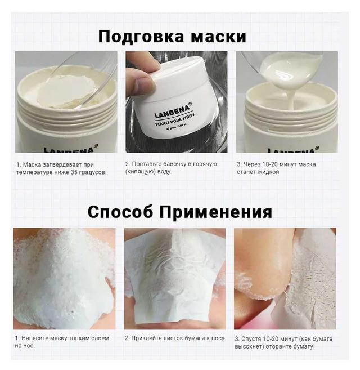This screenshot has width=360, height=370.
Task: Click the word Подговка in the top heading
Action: [141, 36]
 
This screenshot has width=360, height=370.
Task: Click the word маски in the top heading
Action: [219, 37]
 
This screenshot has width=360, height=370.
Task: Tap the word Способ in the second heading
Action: [120, 212]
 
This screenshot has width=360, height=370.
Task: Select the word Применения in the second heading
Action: [215, 212]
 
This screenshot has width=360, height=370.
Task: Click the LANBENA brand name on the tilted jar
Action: [172, 111]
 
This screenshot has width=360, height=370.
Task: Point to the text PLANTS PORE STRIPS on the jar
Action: [175, 121]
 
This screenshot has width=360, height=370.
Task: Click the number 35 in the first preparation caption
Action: [74, 172]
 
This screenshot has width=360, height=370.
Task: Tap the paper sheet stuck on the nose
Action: [175, 278]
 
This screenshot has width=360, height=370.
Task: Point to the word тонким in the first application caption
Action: [71, 338]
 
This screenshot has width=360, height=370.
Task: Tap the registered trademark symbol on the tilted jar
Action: [190, 104]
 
